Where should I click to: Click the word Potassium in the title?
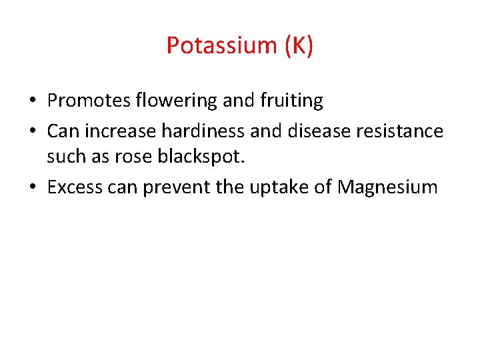click(x=221, y=46)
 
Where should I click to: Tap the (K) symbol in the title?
click(x=298, y=46)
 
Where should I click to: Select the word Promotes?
click(x=89, y=101)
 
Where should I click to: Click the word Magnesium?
click(x=387, y=187)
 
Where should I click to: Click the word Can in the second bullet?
click(x=63, y=131)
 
